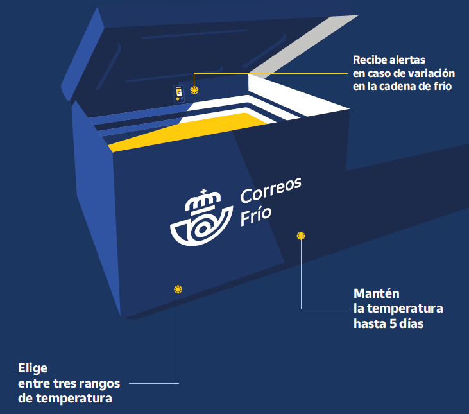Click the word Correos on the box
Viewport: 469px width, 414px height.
pos(271,189)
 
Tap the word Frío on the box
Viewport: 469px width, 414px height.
pos(255,215)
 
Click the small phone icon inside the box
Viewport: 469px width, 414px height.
pos(180,94)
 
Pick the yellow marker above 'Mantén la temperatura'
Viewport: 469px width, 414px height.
pos(300,236)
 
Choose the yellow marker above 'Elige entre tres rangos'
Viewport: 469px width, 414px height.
pos(178,289)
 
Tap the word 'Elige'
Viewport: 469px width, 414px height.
pos(33,368)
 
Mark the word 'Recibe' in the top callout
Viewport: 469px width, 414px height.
pos(370,60)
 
